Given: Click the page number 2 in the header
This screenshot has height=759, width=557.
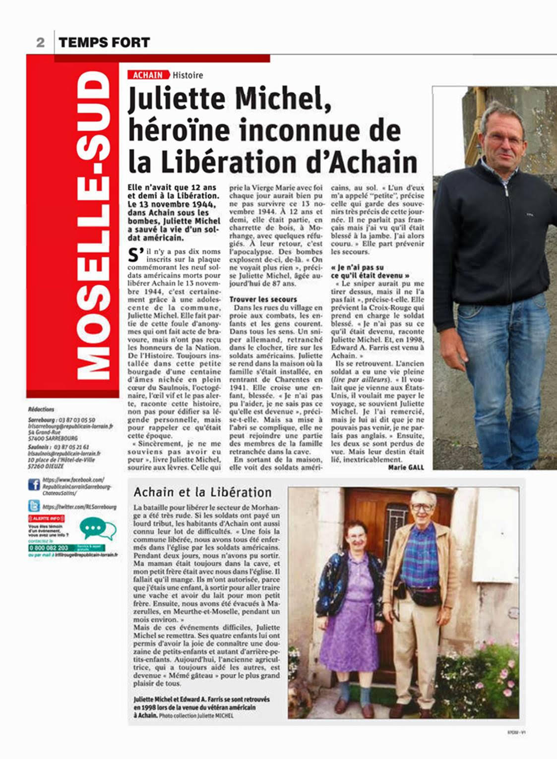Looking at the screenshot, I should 40,43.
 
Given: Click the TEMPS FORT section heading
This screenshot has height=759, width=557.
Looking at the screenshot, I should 104,43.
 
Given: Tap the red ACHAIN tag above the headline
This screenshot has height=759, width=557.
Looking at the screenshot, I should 148,75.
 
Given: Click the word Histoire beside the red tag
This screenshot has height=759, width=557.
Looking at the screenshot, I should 187,75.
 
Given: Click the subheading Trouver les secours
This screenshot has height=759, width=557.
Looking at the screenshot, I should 263,299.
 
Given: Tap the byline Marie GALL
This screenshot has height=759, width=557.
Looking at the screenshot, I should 406,467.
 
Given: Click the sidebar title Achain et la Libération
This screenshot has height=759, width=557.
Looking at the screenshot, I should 202,492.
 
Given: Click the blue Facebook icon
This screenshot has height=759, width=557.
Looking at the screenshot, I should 34,484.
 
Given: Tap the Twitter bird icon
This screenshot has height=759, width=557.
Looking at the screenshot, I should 34,506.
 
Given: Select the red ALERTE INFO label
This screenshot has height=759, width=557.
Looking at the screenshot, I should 46,518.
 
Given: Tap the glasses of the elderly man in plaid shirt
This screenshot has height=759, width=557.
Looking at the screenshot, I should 423,507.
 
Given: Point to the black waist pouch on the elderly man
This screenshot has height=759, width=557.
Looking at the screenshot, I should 424,594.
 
